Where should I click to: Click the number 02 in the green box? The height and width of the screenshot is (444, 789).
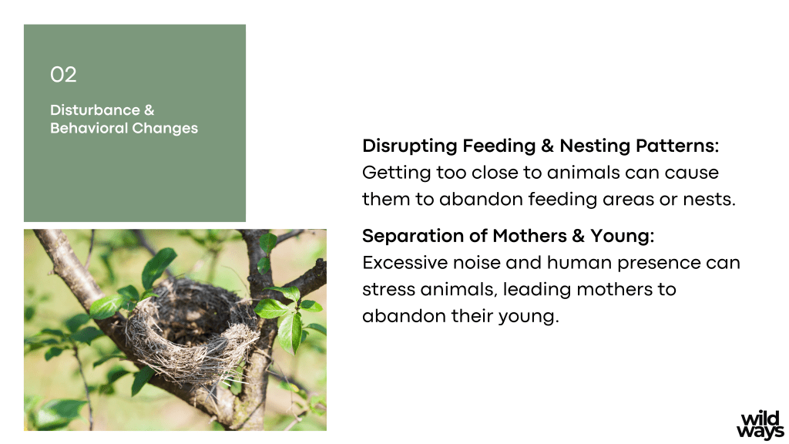[63, 75]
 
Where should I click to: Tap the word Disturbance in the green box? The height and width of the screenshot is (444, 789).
[95, 109]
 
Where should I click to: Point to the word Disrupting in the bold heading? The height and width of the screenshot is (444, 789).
[410, 146]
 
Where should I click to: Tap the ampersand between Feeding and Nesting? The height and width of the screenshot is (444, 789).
[548, 146]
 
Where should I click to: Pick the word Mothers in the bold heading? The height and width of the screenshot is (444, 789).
[530, 236]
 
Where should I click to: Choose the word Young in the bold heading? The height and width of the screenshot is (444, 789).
[622, 236]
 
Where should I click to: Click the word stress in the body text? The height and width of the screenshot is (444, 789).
[388, 290]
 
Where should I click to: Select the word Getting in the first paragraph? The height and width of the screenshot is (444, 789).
[397, 173]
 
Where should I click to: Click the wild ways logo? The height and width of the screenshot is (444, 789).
[760, 425]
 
